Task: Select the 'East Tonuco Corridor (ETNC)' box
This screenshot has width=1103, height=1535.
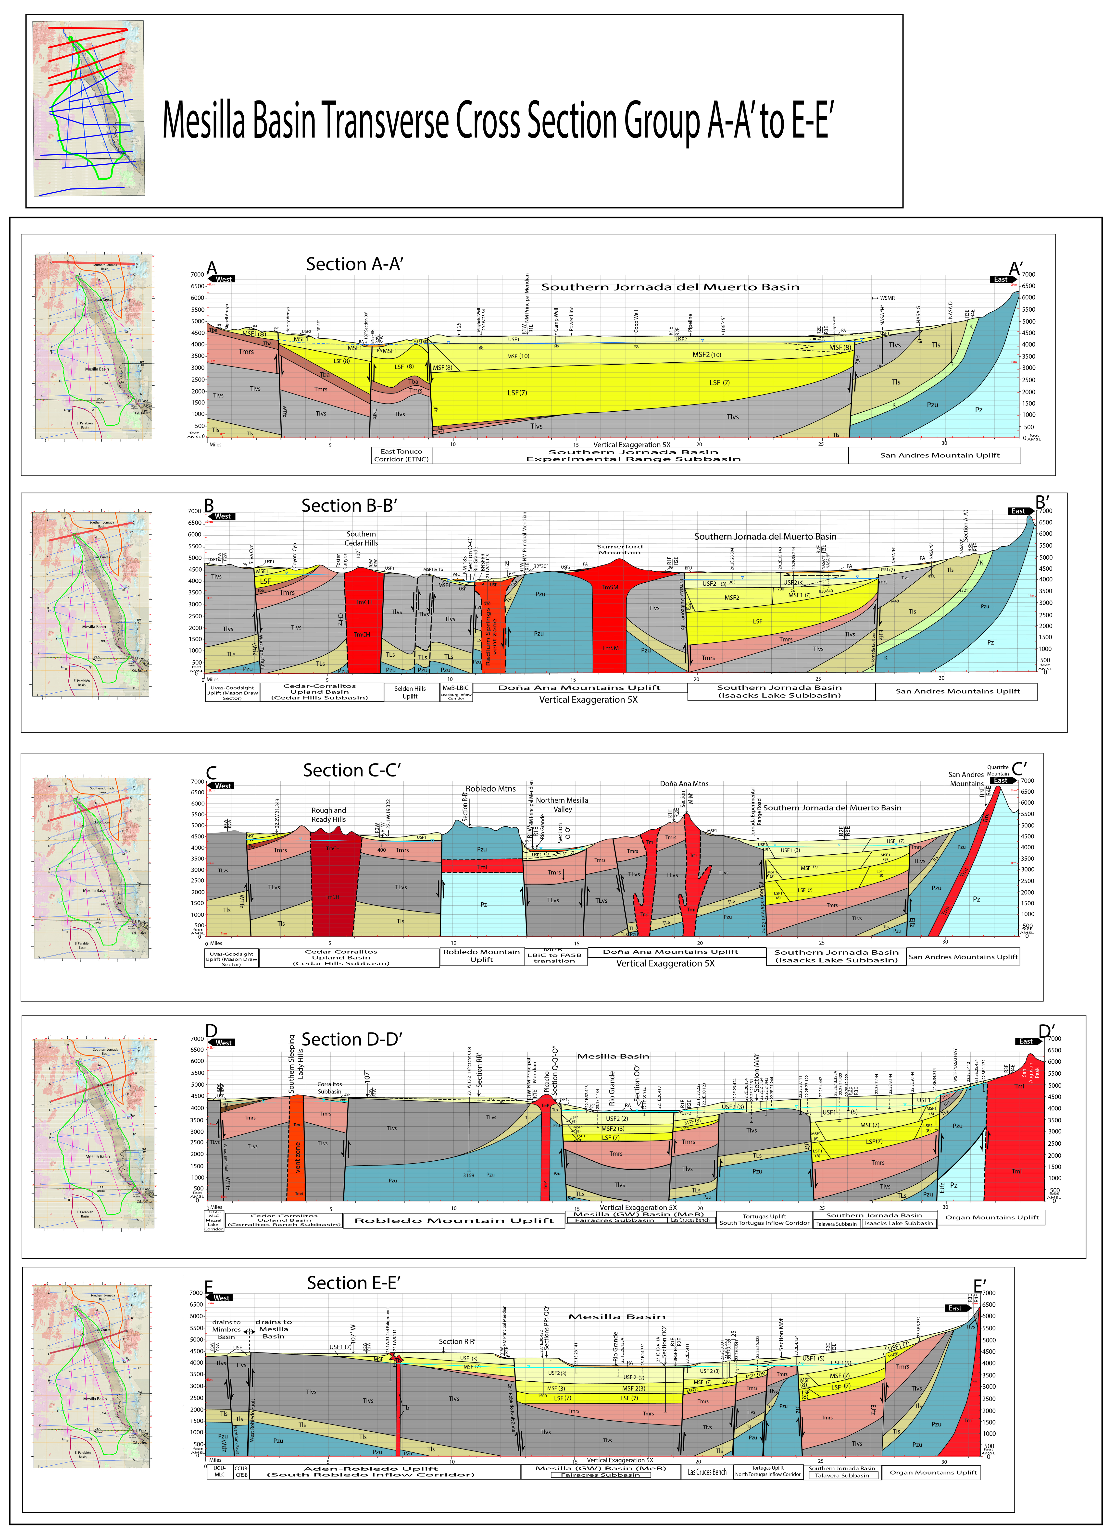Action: pos(401,455)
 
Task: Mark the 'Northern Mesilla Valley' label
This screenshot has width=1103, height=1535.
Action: pos(562,804)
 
